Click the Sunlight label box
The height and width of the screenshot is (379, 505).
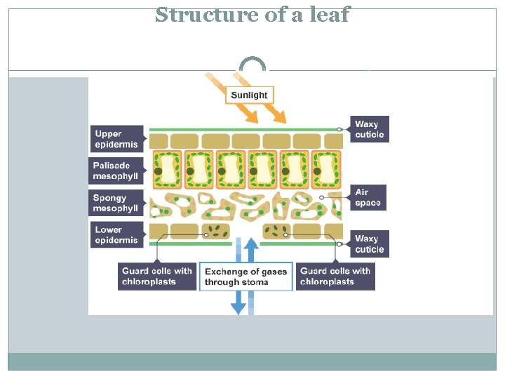pyautogui.click(x=249, y=95)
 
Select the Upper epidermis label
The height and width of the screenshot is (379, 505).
pyautogui.click(x=117, y=139)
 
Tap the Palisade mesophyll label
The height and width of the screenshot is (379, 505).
pyautogui.click(x=117, y=171)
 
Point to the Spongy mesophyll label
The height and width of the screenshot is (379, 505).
pyautogui.click(x=117, y=203)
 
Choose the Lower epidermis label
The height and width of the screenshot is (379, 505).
pyautogui.click(x=117, y=234)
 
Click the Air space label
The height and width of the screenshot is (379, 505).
pyautogui.click(x=368, y=197)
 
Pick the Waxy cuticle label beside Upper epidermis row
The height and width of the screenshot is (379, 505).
pyautogui.click(x=370, y=130)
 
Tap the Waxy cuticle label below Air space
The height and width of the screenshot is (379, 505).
pyautogui.click(x=370, y=244)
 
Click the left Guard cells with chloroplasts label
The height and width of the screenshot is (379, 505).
pyautogui.click(x=157, y=277)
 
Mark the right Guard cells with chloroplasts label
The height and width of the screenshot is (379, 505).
pyautogui.click(x=335, y=277)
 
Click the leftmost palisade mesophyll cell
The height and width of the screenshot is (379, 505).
pyautogui.click(x=166, y=171)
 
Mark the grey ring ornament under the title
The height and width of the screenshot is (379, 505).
pyautogui.click(x=252, y=65)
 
